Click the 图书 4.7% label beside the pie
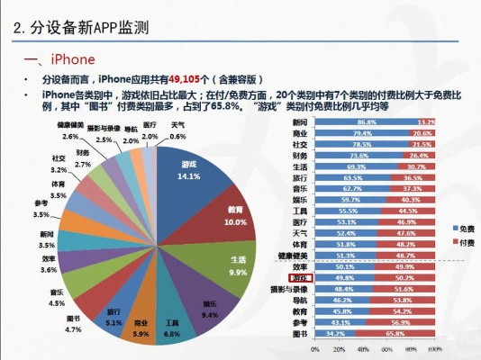[74, 324]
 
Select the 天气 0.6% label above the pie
[178, 130]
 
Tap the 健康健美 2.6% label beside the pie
[70, 131]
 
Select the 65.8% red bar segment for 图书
[395, 334]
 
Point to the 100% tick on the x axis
[434, 348]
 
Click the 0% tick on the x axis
[314, 348]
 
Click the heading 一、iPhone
[53, 59]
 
